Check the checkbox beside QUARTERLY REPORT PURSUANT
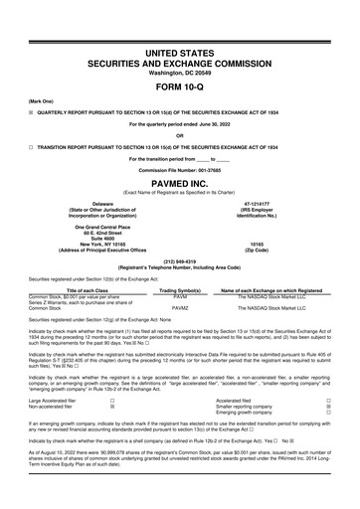tap(8, 114)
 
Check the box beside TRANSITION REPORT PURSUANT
tap(8, 146)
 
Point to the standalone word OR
tap(179, 135)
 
